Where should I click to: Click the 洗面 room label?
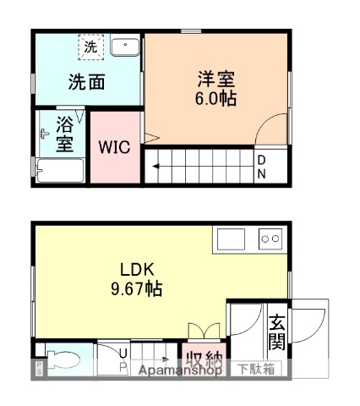click(87, 83)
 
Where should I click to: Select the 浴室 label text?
click(65, 134)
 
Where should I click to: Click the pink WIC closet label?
click(114, 147)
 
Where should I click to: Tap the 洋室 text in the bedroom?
click(216, 80)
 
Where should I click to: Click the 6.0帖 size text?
click(216, 98)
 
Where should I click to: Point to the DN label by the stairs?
click(262, 167)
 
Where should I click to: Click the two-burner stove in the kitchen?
click(270, 239)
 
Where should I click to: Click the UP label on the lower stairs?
click(124, 359)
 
